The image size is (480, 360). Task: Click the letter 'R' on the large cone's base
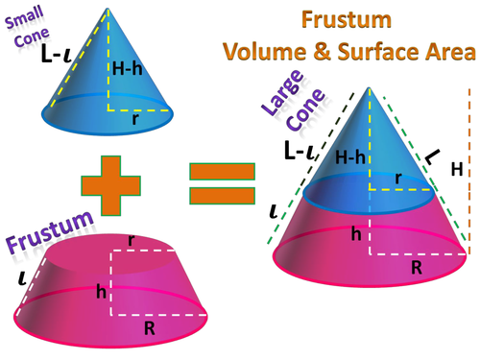(x=417, y=270)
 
